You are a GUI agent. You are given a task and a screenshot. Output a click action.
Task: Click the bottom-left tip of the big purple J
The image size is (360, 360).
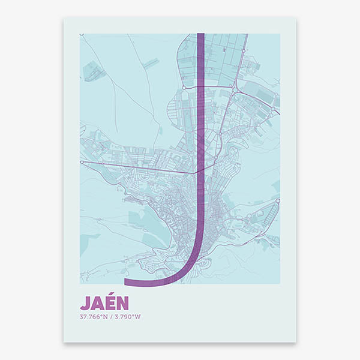pyautogui.click(x=125, y=281)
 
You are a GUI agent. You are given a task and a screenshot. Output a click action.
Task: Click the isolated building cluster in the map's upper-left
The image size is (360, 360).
pyautogui.click(x=94, y=73)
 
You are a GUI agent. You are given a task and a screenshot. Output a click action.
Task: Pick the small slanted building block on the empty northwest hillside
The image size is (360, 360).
pyautogui.click(x=150, y=62)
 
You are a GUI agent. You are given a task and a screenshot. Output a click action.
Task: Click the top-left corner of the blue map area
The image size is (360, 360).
pyautogui.click(x=80, y=34)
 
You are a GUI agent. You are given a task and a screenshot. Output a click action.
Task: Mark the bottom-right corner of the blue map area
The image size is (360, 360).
pyautogui.click(x=279, y=283)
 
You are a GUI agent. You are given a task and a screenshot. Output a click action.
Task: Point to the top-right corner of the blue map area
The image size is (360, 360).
pyautogui.click(x=279, y=34)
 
